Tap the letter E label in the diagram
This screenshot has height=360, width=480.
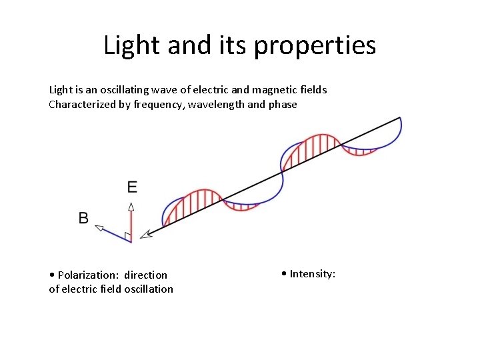(132, 187)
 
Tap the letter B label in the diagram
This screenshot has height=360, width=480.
(83, 218)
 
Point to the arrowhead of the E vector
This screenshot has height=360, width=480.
(131, 206)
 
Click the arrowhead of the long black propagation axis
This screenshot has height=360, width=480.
(148, 234)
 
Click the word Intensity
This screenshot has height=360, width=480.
(312, 273)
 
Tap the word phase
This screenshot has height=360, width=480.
(283, 105)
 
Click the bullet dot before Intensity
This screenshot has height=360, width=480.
(284, 273)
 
